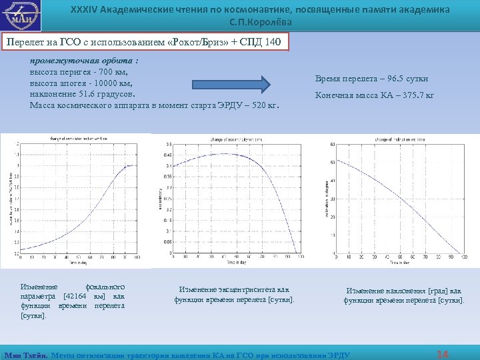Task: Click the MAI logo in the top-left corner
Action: click(x=22, y=15)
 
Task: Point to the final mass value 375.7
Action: click(x=410, y=95)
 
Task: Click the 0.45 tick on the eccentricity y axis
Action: click(x=167, y=155)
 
